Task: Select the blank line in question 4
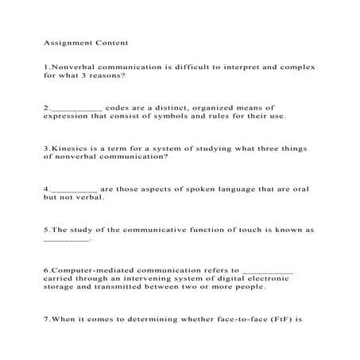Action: [73, 190]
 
